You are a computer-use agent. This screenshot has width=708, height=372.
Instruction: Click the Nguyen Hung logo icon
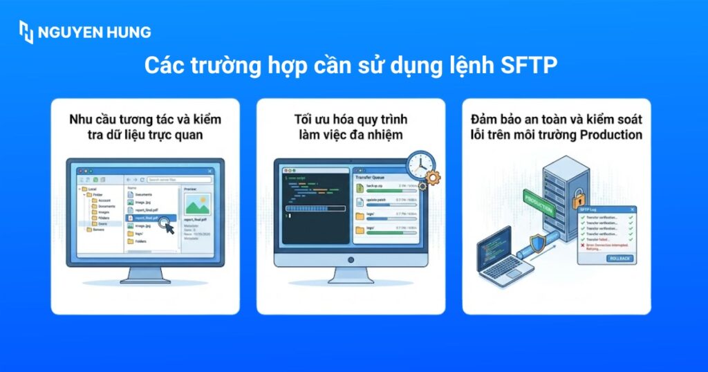pos(26,32)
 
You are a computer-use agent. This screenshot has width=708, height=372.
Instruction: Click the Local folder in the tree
pos(92,189)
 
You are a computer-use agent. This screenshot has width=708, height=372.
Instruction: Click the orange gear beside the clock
pos(434,178)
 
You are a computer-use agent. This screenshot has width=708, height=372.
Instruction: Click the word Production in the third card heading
pos(611,135)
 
